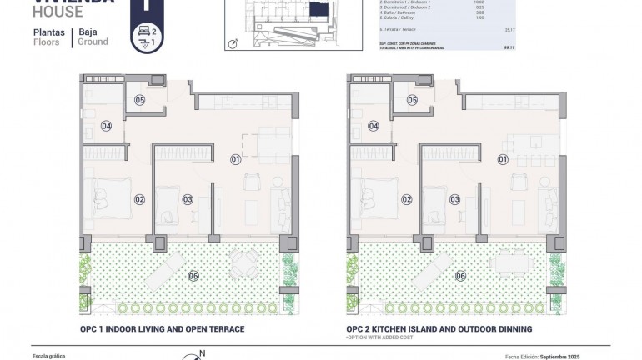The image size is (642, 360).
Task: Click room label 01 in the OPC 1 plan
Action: tap(235, 158)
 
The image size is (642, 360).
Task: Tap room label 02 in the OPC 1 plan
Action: tap(139, 199)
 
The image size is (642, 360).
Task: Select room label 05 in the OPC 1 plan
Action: tap(139, 100)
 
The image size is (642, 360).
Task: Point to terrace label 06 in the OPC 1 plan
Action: tap(193, 277)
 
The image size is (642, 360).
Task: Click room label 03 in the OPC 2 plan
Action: tap(454, 199)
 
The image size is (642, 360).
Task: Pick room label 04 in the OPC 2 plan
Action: tap(374, 127)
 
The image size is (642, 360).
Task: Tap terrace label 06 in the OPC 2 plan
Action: tap(460, 277)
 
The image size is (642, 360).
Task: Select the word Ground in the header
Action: tap(93, 42)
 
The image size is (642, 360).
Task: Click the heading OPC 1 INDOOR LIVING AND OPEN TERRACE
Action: tap(162, 330)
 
